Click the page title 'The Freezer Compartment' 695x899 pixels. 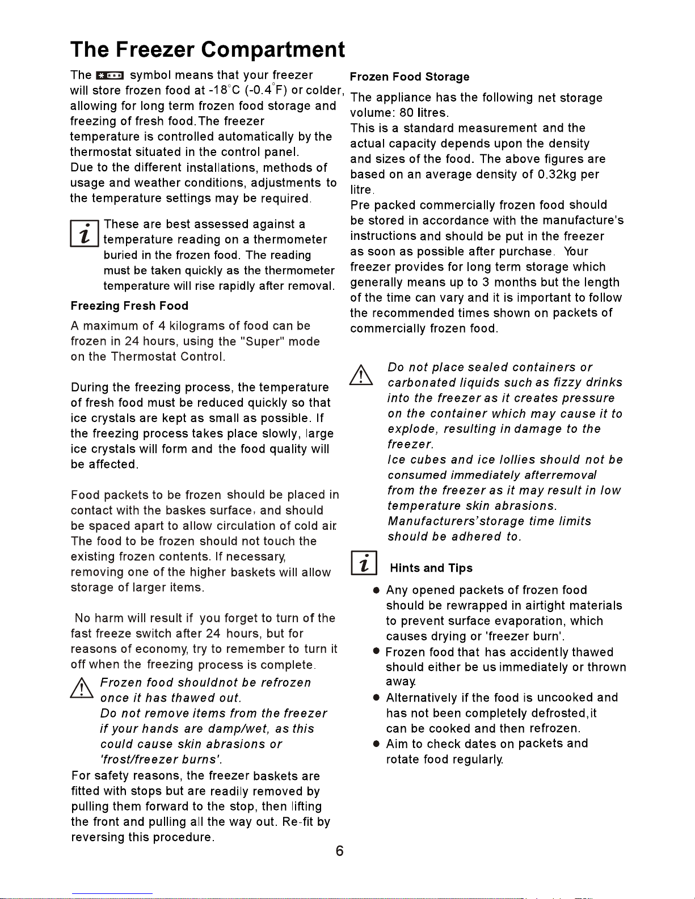coord(207,50)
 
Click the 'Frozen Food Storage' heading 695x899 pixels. coord(410,77)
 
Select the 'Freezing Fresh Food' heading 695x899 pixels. coord(129,306)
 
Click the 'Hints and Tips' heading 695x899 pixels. coord(431,568)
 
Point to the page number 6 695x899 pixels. coord(339,851)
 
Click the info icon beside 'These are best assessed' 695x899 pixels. coord(85,233)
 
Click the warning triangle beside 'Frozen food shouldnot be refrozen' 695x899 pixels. coord(82,687)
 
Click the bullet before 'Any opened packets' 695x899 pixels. coord(376,591)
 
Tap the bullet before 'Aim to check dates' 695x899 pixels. coord(376,744)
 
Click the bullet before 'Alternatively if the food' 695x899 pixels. coord(376,698)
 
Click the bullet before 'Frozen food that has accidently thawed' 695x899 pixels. coord(376,653)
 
